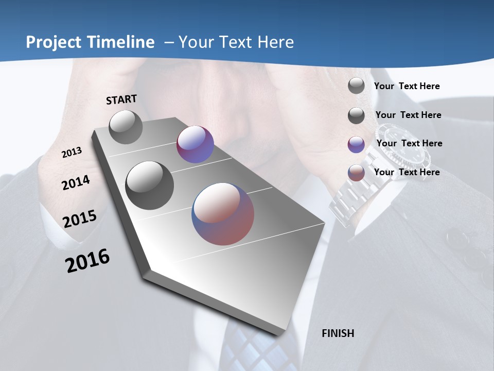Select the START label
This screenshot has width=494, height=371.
(x=121, y=99)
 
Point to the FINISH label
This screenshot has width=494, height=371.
(x=338, y=333)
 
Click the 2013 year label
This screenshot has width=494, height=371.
(x=72, y=152)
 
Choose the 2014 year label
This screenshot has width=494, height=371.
(x=76, y=182)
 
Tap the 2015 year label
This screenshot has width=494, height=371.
(x=80, y=218)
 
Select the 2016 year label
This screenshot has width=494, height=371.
(x=87, y=260)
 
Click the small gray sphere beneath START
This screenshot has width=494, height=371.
(x=126, y=127)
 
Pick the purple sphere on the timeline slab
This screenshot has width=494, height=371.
(x=195, y=144)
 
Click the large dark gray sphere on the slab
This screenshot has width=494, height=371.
(x=150, y=185)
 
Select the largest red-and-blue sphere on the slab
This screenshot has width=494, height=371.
(x=223, y=214)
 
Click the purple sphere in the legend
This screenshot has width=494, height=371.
(x=356, y=145)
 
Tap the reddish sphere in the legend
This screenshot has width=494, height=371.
(x=356, y=173)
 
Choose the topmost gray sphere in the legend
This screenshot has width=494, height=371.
(x=356, y=86)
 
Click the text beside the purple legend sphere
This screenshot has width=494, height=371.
(x=409, y=143)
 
